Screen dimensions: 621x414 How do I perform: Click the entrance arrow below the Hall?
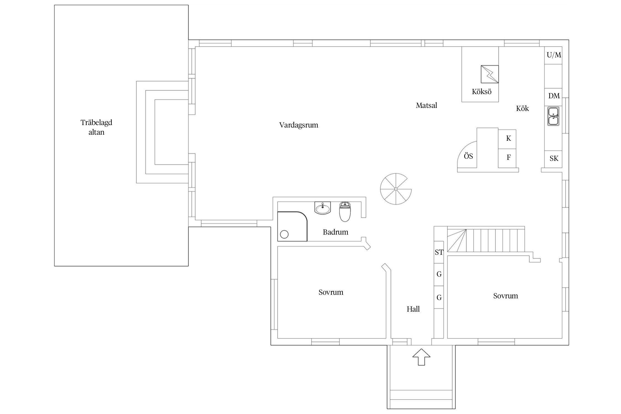[421, 357]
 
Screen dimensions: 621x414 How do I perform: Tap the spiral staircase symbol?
[396, 189]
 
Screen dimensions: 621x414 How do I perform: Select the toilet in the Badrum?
[345, 211]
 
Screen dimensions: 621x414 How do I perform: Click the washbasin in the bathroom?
[323, 208]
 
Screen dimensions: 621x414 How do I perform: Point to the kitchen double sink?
[553, 116]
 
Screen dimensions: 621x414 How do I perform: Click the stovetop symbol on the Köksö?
[490, 74]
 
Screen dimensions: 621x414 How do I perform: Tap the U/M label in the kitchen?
[554, 55]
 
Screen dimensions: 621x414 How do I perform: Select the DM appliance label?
[554, 96]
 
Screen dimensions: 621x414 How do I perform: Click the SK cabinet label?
[554, 158]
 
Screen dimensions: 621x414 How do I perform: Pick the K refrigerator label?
[508, 138]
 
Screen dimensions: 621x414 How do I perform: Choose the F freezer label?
[509, 157]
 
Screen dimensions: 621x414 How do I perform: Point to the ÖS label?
[468, 156]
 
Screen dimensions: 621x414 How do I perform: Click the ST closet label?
[439, 252]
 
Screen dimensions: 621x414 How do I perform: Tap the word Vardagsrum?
[299, 125]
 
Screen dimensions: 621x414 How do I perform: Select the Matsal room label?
[426, 105]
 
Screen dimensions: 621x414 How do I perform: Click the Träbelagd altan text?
[96, 127]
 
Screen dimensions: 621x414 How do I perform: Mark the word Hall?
[413, 309]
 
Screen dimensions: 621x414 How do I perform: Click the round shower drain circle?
[284, 235]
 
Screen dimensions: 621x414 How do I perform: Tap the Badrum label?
[336, 232]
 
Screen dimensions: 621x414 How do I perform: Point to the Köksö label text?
[482, 91]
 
